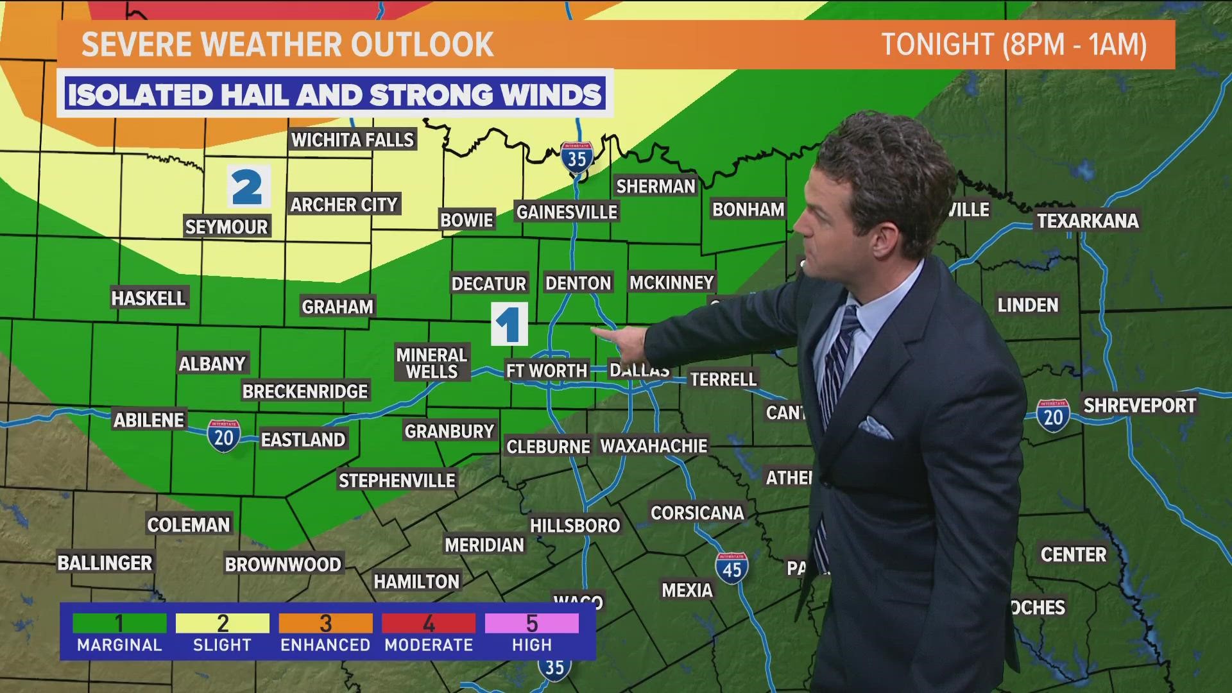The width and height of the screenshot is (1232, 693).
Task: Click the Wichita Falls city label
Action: pos(352,139)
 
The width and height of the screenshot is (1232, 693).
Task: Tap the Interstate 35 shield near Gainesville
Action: pos(577,157)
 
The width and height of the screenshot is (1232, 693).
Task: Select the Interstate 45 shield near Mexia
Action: pos(732,568)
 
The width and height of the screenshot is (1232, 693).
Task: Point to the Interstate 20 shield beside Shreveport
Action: pos(1053,416)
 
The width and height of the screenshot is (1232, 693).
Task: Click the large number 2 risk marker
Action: pos(248,186)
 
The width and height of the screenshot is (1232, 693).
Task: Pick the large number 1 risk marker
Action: pos(509,324)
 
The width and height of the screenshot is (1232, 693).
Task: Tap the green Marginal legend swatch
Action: pos(119,623)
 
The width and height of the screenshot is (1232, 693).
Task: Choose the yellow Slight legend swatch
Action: pos(223,623)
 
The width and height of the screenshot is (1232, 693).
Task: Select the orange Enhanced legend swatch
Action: pos(325,623)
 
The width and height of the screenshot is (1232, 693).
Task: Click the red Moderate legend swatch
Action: pos(429,623)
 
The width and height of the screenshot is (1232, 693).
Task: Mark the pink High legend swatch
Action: pos(532,623)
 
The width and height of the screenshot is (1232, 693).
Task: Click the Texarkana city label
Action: pos(1088,221)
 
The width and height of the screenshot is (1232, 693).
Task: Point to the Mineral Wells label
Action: pos(431,363)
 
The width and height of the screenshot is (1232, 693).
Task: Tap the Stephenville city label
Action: pos(397,480)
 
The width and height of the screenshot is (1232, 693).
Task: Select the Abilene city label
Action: pos(149,420)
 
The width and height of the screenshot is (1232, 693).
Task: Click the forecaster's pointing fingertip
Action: pos(594,331)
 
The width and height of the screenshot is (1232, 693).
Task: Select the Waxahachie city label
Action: pos(653,445)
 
